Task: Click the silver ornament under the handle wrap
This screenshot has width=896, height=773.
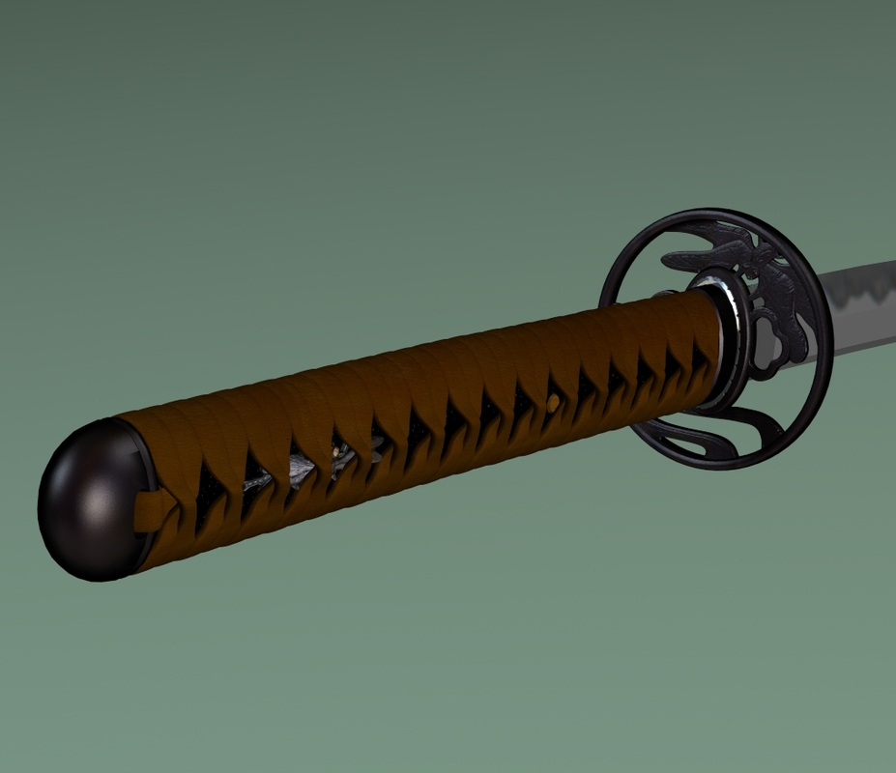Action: pyautogui.click(x=302, y=469)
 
